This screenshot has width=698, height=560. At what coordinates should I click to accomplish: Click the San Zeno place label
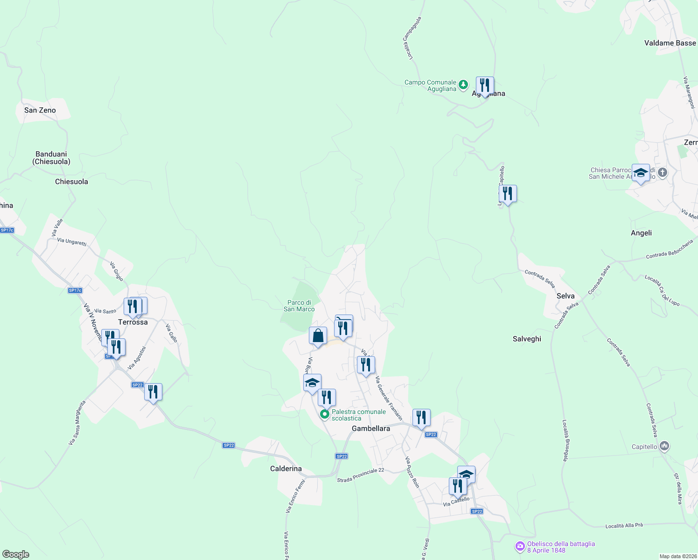[x=40, y=110]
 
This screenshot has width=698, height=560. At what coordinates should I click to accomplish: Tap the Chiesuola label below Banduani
[x=71, y=182]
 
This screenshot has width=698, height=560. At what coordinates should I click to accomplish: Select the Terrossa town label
[x=133, y=322]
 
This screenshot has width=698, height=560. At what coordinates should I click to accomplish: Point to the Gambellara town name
[x=371, y=428]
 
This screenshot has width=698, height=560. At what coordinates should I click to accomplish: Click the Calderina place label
[x=286, y=469]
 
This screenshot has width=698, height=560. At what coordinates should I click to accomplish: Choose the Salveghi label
[x=527, y=339]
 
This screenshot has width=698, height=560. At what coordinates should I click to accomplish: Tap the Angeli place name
[x=641, y=233]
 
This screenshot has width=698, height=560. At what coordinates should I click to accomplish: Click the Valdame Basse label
[x=670, y=43]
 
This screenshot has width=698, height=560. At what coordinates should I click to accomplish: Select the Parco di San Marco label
[x=299, y=306]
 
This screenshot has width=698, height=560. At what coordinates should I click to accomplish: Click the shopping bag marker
[x=318, y=336]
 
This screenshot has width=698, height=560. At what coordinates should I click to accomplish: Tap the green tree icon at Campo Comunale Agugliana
[x=463, y=85]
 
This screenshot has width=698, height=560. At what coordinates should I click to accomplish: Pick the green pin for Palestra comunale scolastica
[x=325, y=414]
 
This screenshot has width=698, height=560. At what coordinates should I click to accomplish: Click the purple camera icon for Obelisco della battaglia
[x=520, y=546]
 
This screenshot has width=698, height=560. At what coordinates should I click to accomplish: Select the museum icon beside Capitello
[x=664, y=446]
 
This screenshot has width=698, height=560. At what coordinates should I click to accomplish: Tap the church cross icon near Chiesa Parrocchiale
[x=662, y=173]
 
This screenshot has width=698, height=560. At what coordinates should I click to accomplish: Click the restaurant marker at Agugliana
[x=485, y=86]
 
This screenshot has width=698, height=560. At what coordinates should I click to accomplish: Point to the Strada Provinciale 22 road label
[x=361, y=475]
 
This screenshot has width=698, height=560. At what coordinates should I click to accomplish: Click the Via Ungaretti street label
[x=72, y=242]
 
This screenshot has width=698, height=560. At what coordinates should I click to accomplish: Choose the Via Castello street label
[x=456, y=502]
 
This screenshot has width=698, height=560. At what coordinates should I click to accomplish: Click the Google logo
[x=16, y=554]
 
